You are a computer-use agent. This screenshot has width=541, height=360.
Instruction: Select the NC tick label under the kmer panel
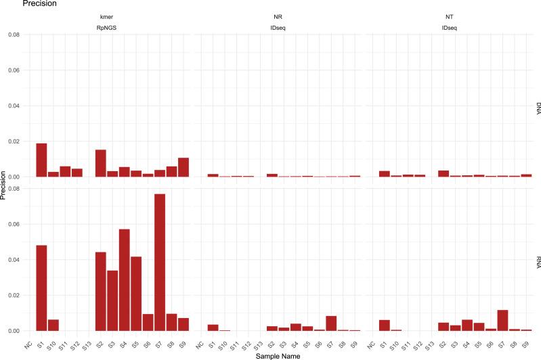point(28,340)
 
